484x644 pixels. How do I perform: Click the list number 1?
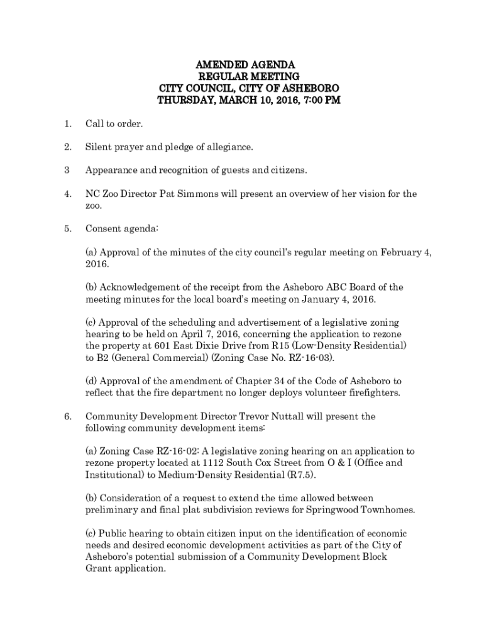pos(67,124)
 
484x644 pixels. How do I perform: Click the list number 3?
pos(66,170)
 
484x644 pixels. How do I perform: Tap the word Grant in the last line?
pos(99,568)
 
